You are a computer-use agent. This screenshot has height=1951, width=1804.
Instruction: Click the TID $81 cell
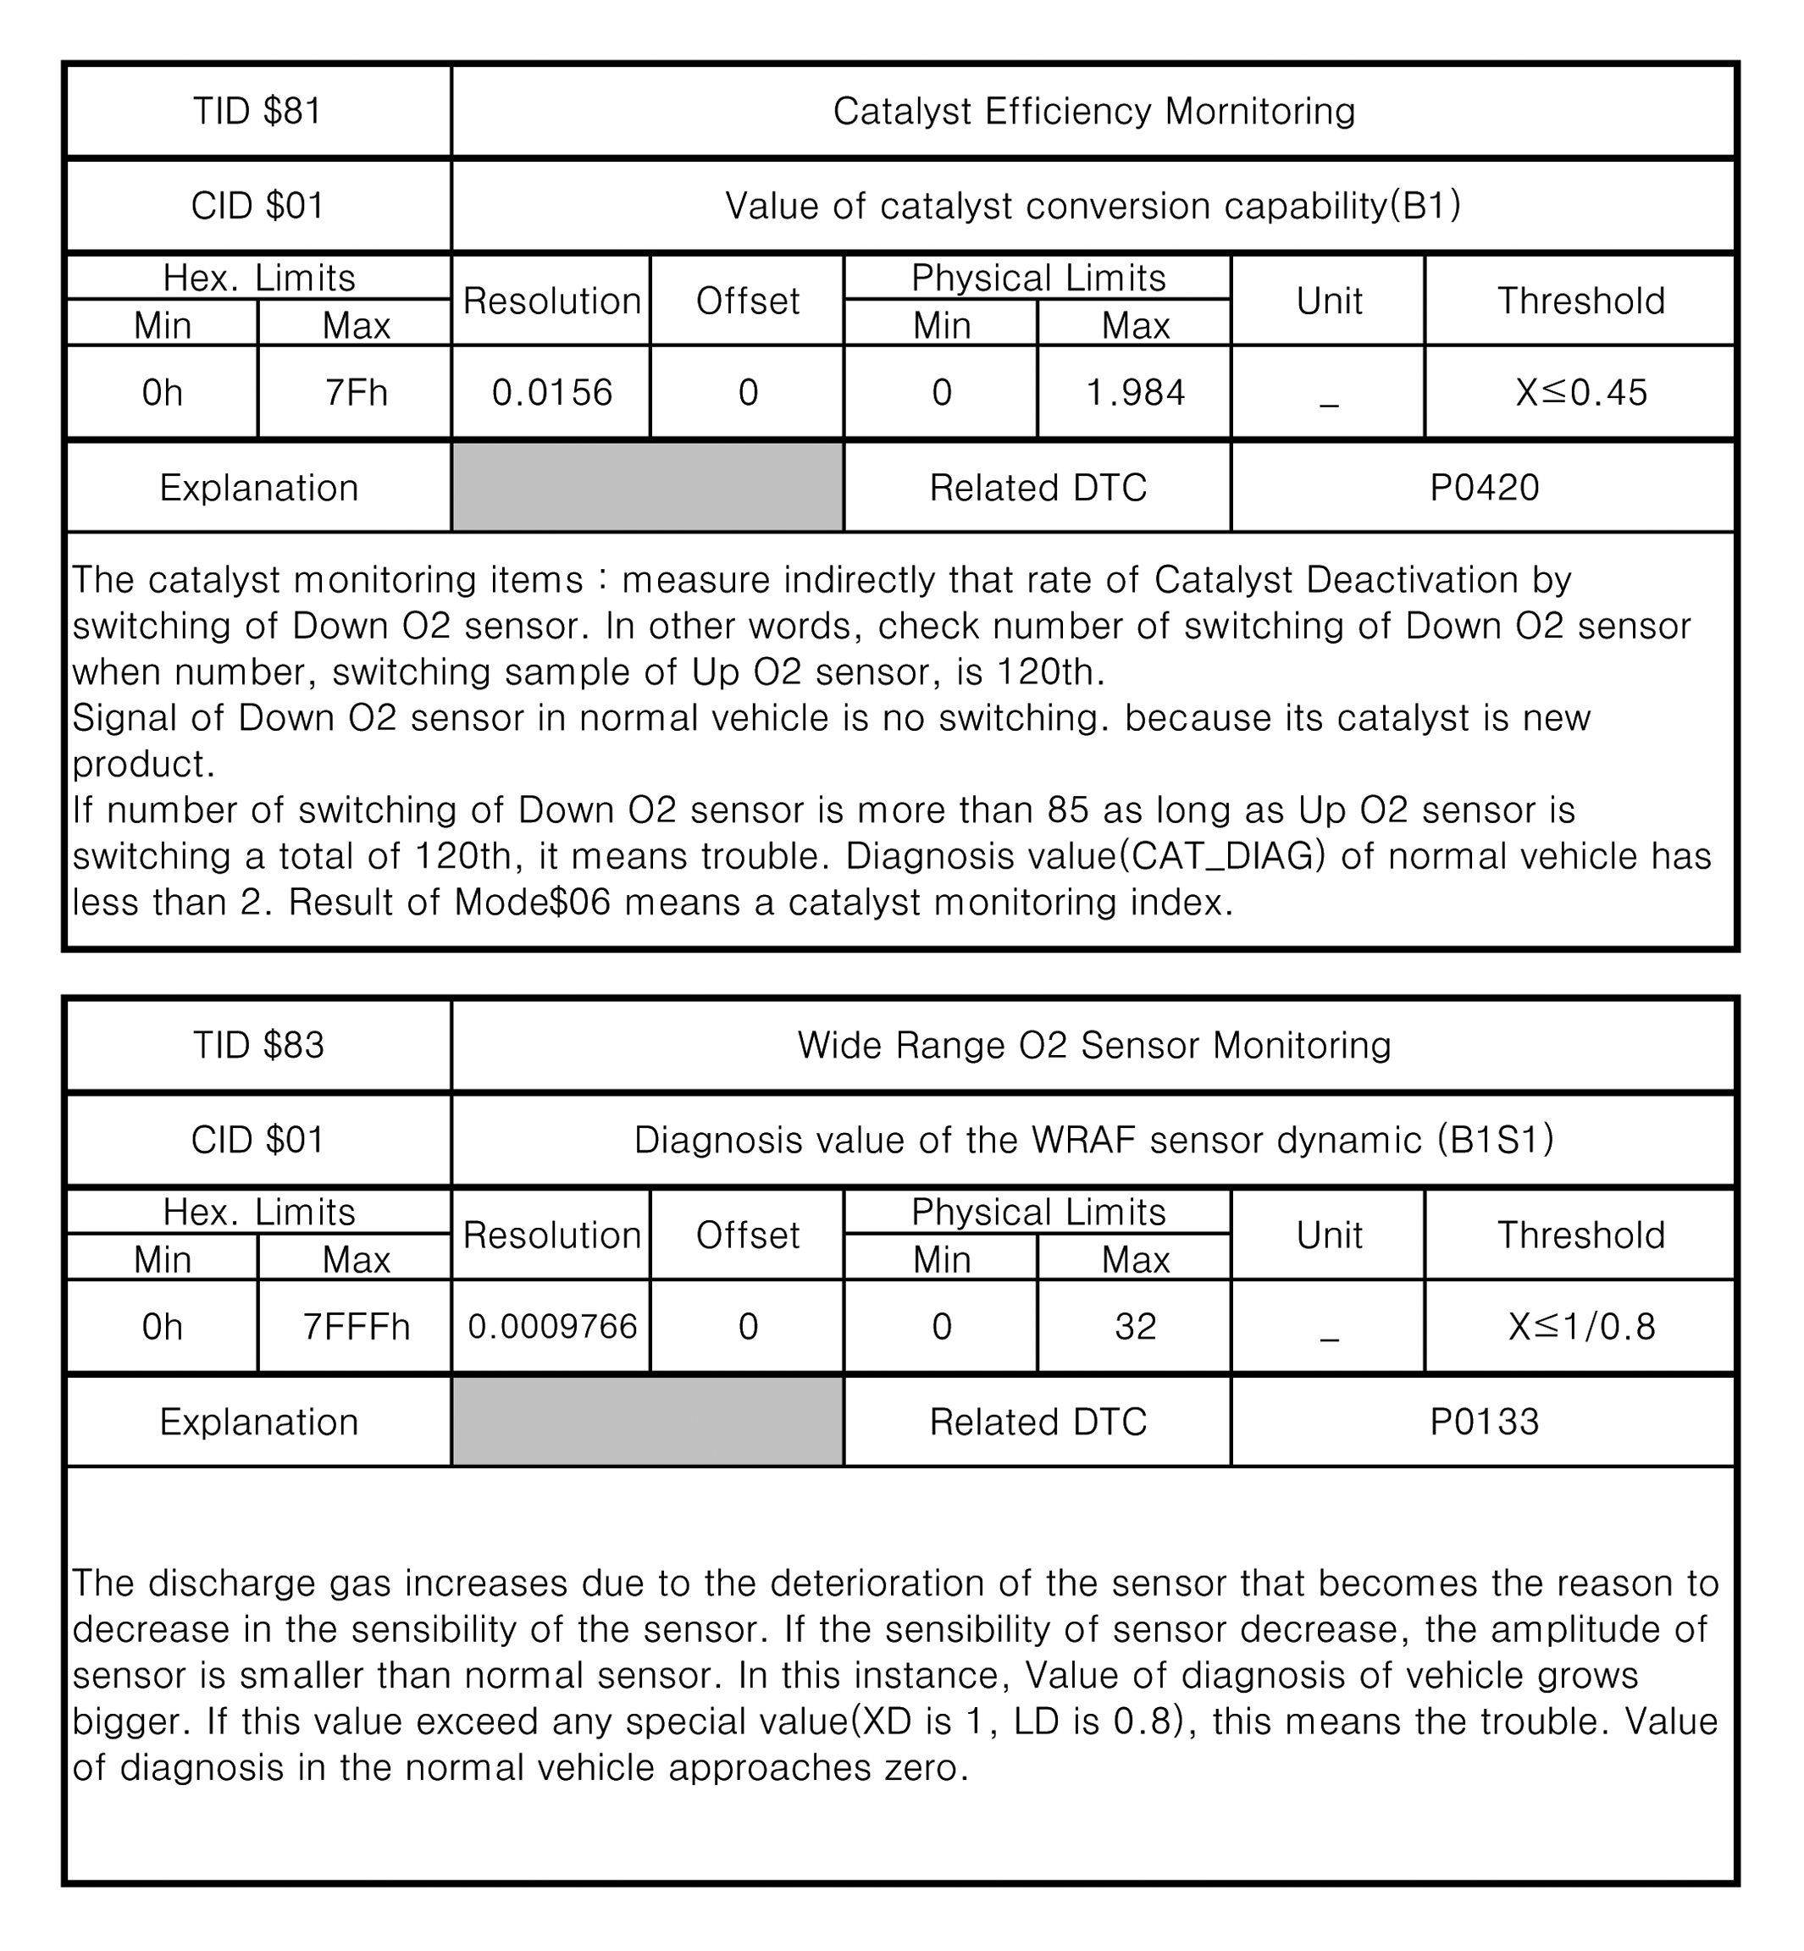[257, 111]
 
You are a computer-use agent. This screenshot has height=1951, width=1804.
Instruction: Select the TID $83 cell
[257, 1045]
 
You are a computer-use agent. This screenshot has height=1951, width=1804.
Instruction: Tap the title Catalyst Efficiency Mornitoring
[1093, 111]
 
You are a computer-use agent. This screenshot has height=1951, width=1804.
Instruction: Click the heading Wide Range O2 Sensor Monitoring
[1093, 1045]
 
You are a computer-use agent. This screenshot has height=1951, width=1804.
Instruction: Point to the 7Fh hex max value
[356, 392]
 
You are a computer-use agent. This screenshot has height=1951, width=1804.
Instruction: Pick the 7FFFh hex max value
[356, 1326]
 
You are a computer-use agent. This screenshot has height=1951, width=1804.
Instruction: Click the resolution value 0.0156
[551, 392]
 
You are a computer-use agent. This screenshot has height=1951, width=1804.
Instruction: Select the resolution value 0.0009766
[551, 1326]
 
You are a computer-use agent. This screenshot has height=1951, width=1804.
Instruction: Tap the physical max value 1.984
[1134, 392]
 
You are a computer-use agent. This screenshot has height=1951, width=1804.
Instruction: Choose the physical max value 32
[1134, 1326]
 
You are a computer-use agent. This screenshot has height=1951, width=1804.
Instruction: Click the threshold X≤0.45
[1580, 392]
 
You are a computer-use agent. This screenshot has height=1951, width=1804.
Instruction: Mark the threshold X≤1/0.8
[1580, 1326]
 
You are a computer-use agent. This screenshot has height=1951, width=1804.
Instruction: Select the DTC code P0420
[1484, 487]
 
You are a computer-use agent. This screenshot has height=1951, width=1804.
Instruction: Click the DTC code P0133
[1484, 1421]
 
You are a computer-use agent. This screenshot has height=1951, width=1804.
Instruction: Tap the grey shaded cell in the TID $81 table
[647, 487]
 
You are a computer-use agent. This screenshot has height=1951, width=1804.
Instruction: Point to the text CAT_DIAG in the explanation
[1222, 857]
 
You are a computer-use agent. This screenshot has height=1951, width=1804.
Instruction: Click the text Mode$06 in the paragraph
[532, 903]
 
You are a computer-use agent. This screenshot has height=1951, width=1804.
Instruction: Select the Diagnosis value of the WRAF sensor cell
[1093, 1140]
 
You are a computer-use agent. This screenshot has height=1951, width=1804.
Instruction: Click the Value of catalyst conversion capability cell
[1093, 206]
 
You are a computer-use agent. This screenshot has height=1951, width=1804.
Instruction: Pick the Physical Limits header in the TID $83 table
[1038, 1212]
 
